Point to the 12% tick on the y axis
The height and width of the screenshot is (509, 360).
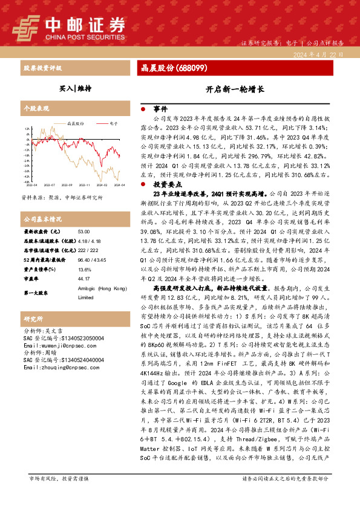(27, 129)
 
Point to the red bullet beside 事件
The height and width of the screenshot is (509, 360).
(142, 109)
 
